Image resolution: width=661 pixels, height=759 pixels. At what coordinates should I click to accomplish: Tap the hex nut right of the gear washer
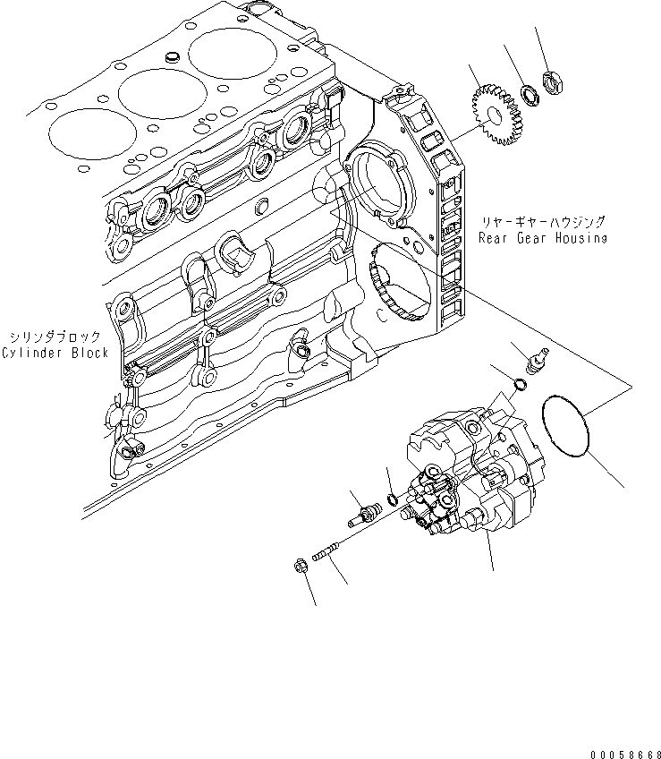tap(555, 85)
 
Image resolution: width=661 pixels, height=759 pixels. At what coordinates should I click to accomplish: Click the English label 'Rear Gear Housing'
tap(542, 238)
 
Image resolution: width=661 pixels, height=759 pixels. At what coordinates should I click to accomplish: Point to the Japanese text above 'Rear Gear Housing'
tap(543, 222)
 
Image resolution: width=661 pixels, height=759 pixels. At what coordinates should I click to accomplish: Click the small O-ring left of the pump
tap(393, 498)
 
